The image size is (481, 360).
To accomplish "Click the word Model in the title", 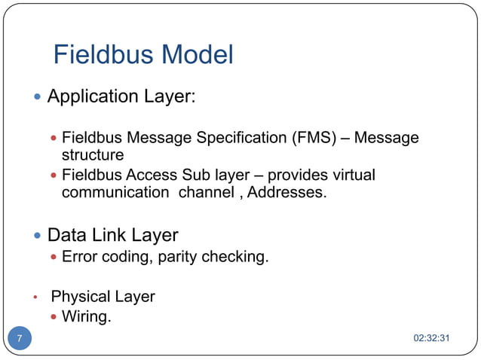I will [x=198, y=55].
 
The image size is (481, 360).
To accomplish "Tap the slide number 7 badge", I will [x=20, y=337].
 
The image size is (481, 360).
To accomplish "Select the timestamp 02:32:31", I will [x=432, y=337].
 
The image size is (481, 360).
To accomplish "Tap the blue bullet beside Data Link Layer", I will [x=38, y=235].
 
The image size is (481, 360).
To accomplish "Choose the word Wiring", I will [x=86, y=317].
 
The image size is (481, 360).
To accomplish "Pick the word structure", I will [x=92, y=155].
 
